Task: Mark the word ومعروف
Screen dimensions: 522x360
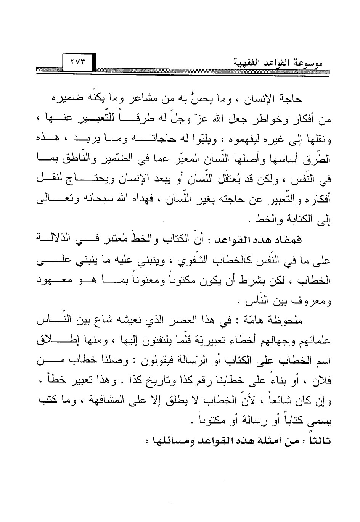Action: click(x=313, y=301)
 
